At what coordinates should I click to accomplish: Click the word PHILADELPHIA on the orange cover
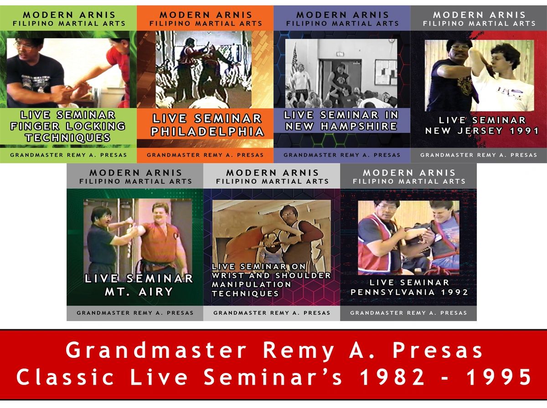(208, 132)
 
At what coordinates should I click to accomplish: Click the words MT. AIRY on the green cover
(139, 291)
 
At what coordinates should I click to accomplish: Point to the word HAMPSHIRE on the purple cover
(360, 126)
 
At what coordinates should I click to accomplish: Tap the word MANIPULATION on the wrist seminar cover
(251, 284)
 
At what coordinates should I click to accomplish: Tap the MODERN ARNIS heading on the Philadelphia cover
(205, 15)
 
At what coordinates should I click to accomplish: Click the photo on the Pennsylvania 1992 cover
(408, 237)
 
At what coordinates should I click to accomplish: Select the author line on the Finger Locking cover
(68, 155)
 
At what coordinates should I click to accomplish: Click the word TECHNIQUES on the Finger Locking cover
(68, 138)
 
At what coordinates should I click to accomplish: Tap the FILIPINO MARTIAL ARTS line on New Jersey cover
(479, 23)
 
